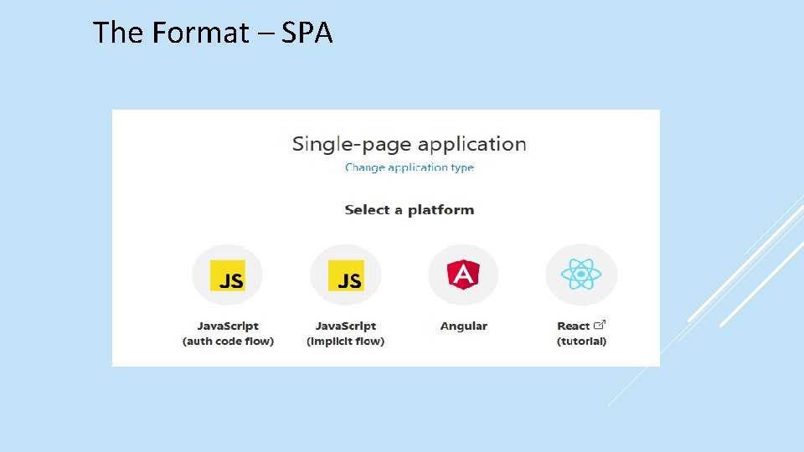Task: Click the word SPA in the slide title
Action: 307,33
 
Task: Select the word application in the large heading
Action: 472,144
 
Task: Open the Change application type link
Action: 410,167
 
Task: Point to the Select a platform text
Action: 410,210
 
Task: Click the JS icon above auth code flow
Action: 228,275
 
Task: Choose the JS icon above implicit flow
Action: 346,275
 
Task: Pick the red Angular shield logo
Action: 463,274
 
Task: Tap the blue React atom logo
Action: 580,274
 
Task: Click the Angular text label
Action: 463,326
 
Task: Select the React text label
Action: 574,326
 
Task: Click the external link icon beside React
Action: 600,325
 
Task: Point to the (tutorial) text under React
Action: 581,342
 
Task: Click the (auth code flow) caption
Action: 228,342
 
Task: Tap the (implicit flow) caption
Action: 346,342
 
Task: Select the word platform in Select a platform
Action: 441,210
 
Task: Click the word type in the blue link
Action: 461,167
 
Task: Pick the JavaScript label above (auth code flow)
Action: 228,326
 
